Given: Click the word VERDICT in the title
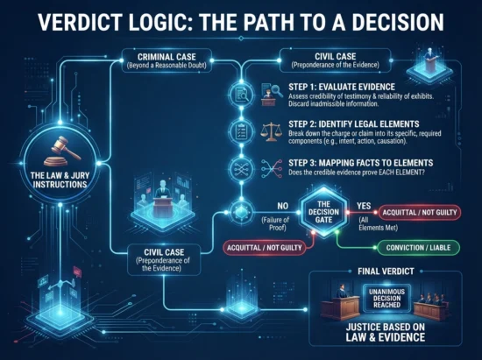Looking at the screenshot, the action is pyautogui.click(x=81, y=22).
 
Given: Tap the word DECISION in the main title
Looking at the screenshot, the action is pyautogui.click(x=398, y=22).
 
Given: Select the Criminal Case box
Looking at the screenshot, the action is pyautogui.click(x=167, y=60).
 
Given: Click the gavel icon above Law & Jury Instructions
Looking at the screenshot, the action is pyautogui.click(x=64, y=151).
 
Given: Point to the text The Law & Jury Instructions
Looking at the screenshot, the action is pyautogui.click(x=60, y=180).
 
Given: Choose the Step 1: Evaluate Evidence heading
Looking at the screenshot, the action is pyautogui.click(x=342, y=87).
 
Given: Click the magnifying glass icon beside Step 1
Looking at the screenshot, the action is pyautogui.click(x=272, y=95).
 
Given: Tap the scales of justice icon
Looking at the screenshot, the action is pyautogui.click(x=271, y=131).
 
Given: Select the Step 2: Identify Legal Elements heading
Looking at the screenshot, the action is pyautogui.click(x=354, y=124).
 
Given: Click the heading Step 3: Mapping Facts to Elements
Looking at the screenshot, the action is pyautogui.click(x=360, y=163).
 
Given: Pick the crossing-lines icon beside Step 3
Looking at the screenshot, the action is pyautogui.click(x=272, y=169).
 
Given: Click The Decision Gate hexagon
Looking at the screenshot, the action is pyautogui.click(x=323, y=212).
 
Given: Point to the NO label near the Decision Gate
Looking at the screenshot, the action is pyautogui.click(x=282, y=206).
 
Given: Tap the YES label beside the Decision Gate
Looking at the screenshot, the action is pyautogui.click(x=364, y=206).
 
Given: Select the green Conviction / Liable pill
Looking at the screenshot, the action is pyautogui.click(x=418, y=248).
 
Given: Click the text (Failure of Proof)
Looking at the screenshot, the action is pyautogui.click(x=275, y=223).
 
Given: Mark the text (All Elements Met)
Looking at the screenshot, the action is pyautogui.click(x=378, y=223).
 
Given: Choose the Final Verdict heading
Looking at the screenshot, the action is pyautogui.click(x=386, y=272).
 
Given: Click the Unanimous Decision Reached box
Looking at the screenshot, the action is pyautogui.click(x=386, y=298).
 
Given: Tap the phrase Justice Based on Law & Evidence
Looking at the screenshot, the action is pyautogui.click(x=386, y=332).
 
